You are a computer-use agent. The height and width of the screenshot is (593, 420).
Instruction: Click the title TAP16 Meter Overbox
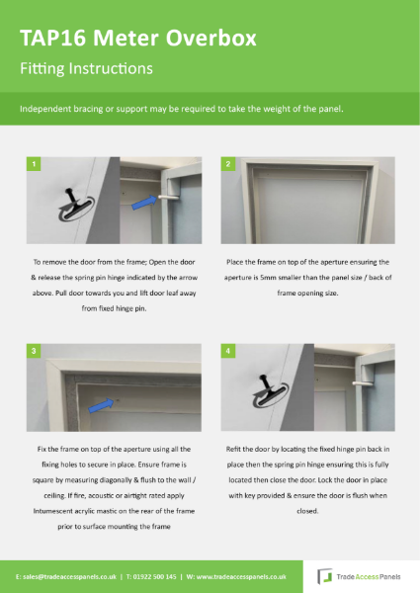138,39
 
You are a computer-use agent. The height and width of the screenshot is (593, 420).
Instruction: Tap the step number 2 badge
228,163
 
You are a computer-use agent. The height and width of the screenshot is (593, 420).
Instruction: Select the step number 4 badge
228,350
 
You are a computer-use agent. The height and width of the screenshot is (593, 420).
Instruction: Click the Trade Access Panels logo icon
323,575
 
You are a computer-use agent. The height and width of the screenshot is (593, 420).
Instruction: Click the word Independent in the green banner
43,108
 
